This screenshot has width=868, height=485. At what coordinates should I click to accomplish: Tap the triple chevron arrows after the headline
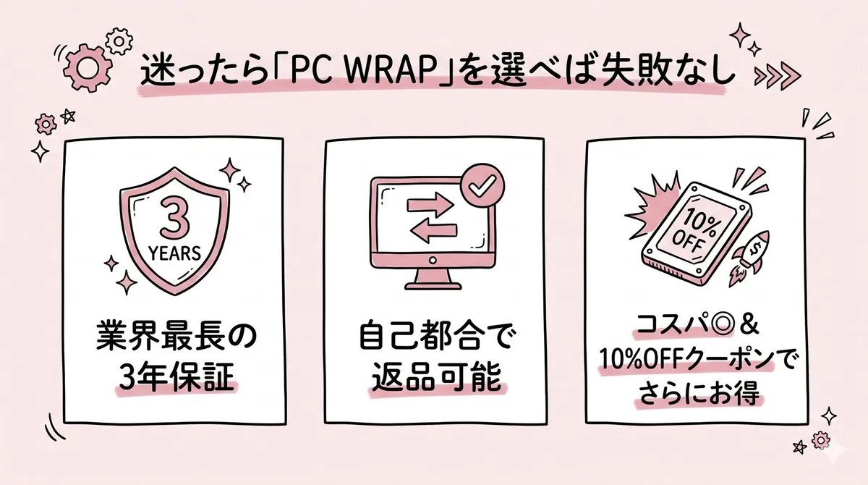[x=775, y=75]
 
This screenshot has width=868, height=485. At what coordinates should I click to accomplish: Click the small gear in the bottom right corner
[x=820, y=439]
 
